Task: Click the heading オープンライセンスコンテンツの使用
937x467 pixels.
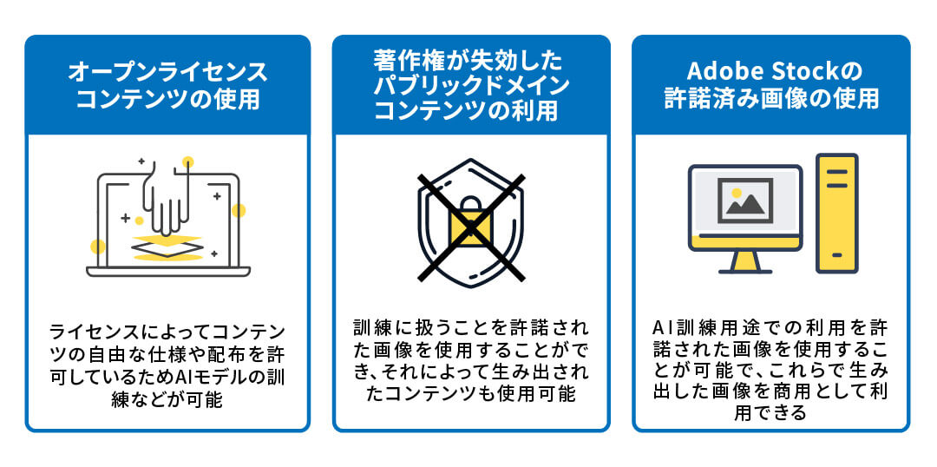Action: click(167, 85)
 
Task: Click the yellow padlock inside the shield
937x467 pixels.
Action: click(469, 227)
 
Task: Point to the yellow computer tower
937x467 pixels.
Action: click(837, 213)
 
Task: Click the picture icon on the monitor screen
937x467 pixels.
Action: click(744, 199)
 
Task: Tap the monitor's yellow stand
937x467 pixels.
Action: click(744, 260)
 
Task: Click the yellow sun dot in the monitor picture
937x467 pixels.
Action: click(737, 192)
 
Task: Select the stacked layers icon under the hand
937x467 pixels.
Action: click(167, 247)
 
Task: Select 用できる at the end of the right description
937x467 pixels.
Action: click(771, 413)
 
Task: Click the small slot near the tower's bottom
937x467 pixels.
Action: click(837, 256)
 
